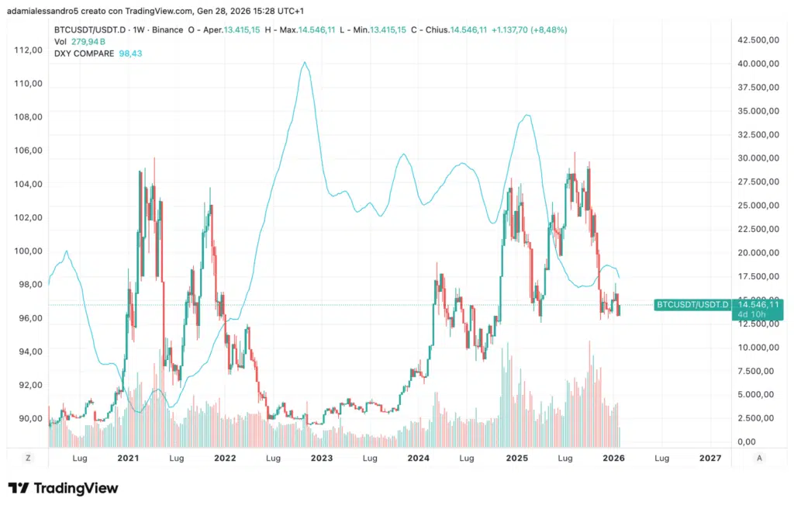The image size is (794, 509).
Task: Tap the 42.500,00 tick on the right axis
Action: [x=756, y=40]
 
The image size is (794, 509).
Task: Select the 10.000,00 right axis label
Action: [x=756, y=348]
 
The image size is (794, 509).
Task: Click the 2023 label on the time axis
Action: [x=322, y=459]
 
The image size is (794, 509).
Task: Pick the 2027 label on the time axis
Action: [x=710, y=459]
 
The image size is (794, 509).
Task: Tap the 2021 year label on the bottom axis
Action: [x=128, y=459]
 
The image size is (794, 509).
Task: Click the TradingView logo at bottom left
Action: [x=64, y=488]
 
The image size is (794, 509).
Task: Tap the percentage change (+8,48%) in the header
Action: [x=545, y=29]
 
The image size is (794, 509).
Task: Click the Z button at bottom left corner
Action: [x=28, y=458]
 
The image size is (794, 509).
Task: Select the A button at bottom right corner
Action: [x=759, y=458]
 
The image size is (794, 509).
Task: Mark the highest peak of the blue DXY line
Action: [x=305, y=62]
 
